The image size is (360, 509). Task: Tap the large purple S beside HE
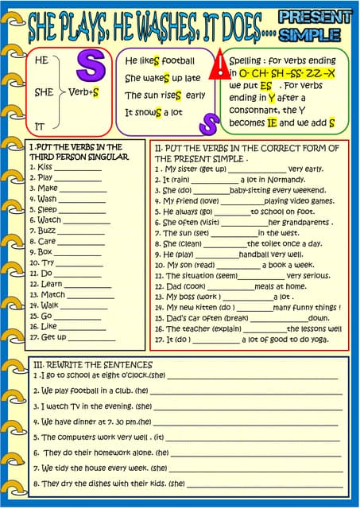tap(90, 67)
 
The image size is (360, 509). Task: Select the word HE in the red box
tap(42, 60)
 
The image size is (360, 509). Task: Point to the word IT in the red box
tap(40, 126)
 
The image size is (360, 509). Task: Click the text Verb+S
tap(83, 92)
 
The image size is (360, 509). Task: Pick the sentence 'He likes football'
tap(160, 60)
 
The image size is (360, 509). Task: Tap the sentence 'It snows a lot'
tap(153, 112)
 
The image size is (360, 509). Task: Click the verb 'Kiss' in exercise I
tap(45, 167)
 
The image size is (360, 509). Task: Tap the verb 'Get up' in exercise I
tap(54, 336)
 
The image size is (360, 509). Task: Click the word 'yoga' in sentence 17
tap(319, 339)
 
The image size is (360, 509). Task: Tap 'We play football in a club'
tap(87, 390)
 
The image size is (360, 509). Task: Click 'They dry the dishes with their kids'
tap(103, 483)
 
